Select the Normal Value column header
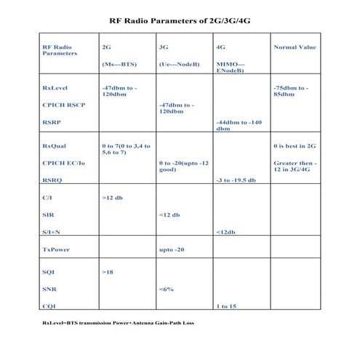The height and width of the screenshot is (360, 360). (x=295, y=47)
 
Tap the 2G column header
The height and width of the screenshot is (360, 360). (x=107, y=47)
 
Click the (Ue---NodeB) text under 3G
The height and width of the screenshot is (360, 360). (x=175, y=64)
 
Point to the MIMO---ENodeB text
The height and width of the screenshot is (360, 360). (x=231, y=67)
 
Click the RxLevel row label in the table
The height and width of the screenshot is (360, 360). (x=56, y=88)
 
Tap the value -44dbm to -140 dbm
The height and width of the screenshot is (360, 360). (x=239, y=125)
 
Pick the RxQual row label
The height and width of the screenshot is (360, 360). (x=55, y=145)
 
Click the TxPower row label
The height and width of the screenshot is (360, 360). (x=56, y=249)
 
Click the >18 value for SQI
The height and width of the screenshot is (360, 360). (x=109, y=271)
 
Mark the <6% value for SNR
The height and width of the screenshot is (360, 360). (x=166, y=289)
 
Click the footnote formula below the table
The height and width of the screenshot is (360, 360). (x=118, y=321)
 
